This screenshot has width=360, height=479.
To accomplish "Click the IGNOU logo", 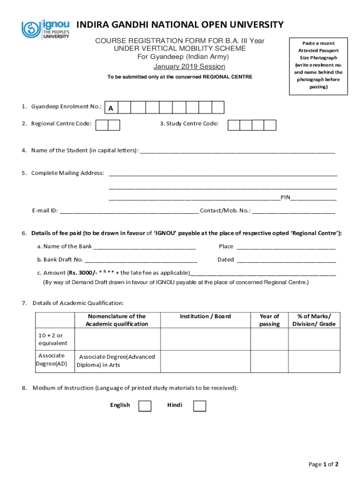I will pyautogui.click(x=45, y=29).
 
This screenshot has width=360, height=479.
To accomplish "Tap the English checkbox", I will pyautogui.click(x=145, y=406).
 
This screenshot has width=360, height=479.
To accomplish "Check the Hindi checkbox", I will pyautogui.click(x=200, y=406).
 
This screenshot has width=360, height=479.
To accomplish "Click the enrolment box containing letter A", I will pyautogui.click(x=110, y=108).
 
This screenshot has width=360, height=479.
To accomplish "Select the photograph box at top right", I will pyautogui.click(x=317, y=65).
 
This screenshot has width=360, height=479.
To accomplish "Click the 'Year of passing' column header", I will pyautogui.click(x=269, y=320).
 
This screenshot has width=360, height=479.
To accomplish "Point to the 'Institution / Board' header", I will pyautogui.click(x=205, y=316).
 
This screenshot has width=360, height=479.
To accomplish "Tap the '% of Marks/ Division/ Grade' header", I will pyautogui.click(x=314, y=320).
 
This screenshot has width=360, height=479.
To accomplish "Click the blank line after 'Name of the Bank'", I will pyautogui.click(x=144, y=247).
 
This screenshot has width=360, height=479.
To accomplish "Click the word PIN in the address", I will pyautogui.click(x=285, y=197).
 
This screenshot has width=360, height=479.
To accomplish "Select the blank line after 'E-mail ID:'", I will pyautogui.click(x=129, y=211).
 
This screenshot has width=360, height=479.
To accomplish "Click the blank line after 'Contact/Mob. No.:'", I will pyautogui.click(x=294, y=211).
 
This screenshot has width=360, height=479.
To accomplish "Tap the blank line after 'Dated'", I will pyautogui.click(x=286, y=260).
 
